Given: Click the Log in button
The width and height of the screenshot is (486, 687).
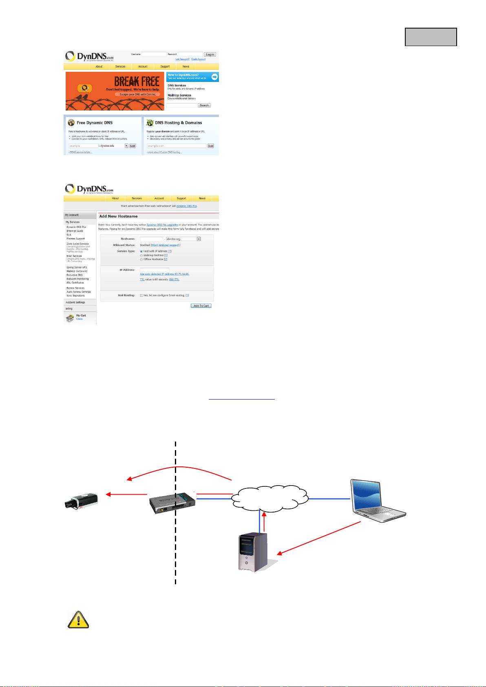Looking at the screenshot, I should pyautogui.click(x=210, y=54).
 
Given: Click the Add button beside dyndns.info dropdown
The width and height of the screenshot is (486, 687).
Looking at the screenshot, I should pyautogui.click(x=133, y=146).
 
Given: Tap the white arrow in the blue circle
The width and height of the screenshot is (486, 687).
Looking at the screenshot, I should pyautogui.click(x=214, y=77).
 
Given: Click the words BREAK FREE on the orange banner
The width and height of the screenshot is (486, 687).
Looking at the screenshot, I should pyautogui.click(x=136, y=81).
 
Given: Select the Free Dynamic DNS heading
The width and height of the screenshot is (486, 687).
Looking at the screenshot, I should pyautogui.click(x=95, y=123).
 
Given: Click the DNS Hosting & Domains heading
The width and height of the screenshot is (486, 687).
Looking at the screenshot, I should pyautogui.click(x=178, y=123).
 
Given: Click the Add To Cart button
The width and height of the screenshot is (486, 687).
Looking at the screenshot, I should pyautogui.click(x=201, y=305).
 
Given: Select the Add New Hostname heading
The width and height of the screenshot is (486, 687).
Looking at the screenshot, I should pyautogui.click(x=119, y=216).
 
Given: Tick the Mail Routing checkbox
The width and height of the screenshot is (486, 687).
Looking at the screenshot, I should pyautogui.click(x=141, y=295).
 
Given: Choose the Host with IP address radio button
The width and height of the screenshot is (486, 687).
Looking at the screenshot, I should pyautogui.click(x=141, y=251).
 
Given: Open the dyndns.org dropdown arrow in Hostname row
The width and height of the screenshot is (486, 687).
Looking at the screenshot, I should pyautogui.click(x=199, y=239).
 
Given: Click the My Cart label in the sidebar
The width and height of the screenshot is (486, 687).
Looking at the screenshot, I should pyautogui.click(x=81, y=316).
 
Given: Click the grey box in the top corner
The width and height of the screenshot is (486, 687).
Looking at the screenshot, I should pyautogui.click(x=431, y=37).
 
